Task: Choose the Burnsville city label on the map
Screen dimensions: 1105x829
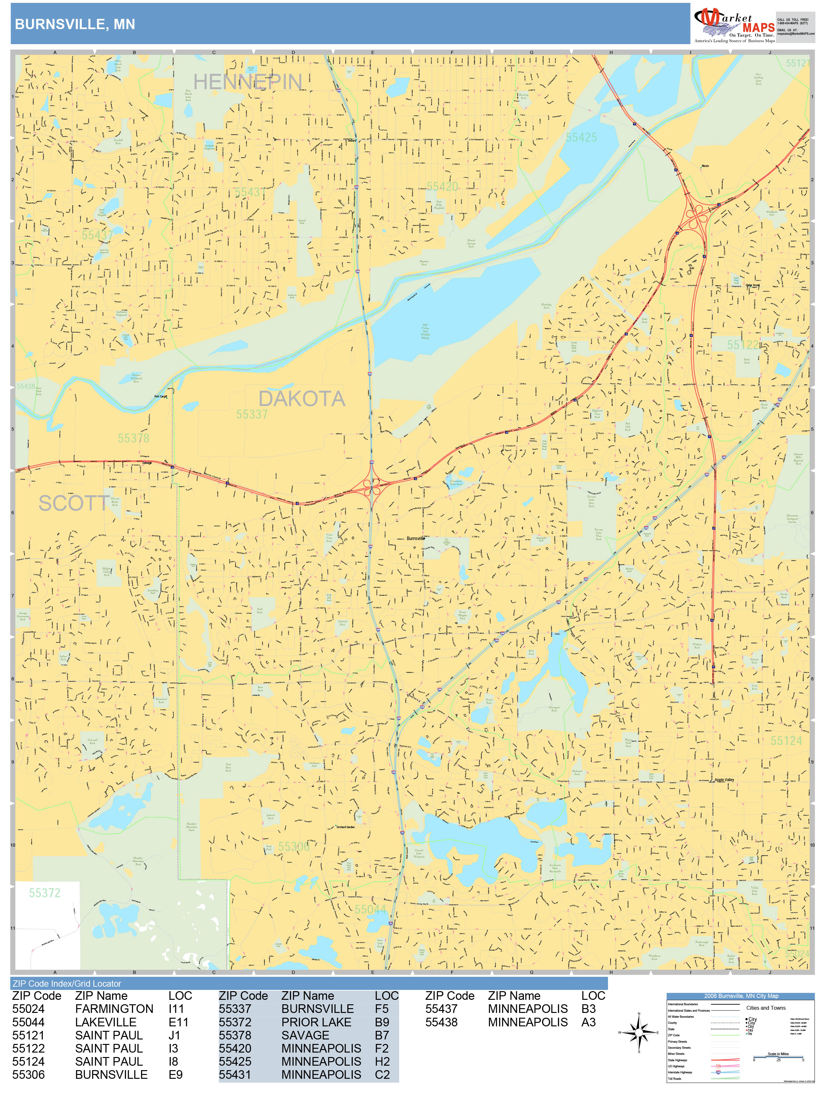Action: click(415, 538)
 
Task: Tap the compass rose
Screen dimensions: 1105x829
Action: click(639, 1032)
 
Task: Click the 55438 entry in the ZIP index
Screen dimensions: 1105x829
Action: click(441, 1022)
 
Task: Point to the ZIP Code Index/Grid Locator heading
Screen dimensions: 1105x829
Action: click(67, 984)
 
